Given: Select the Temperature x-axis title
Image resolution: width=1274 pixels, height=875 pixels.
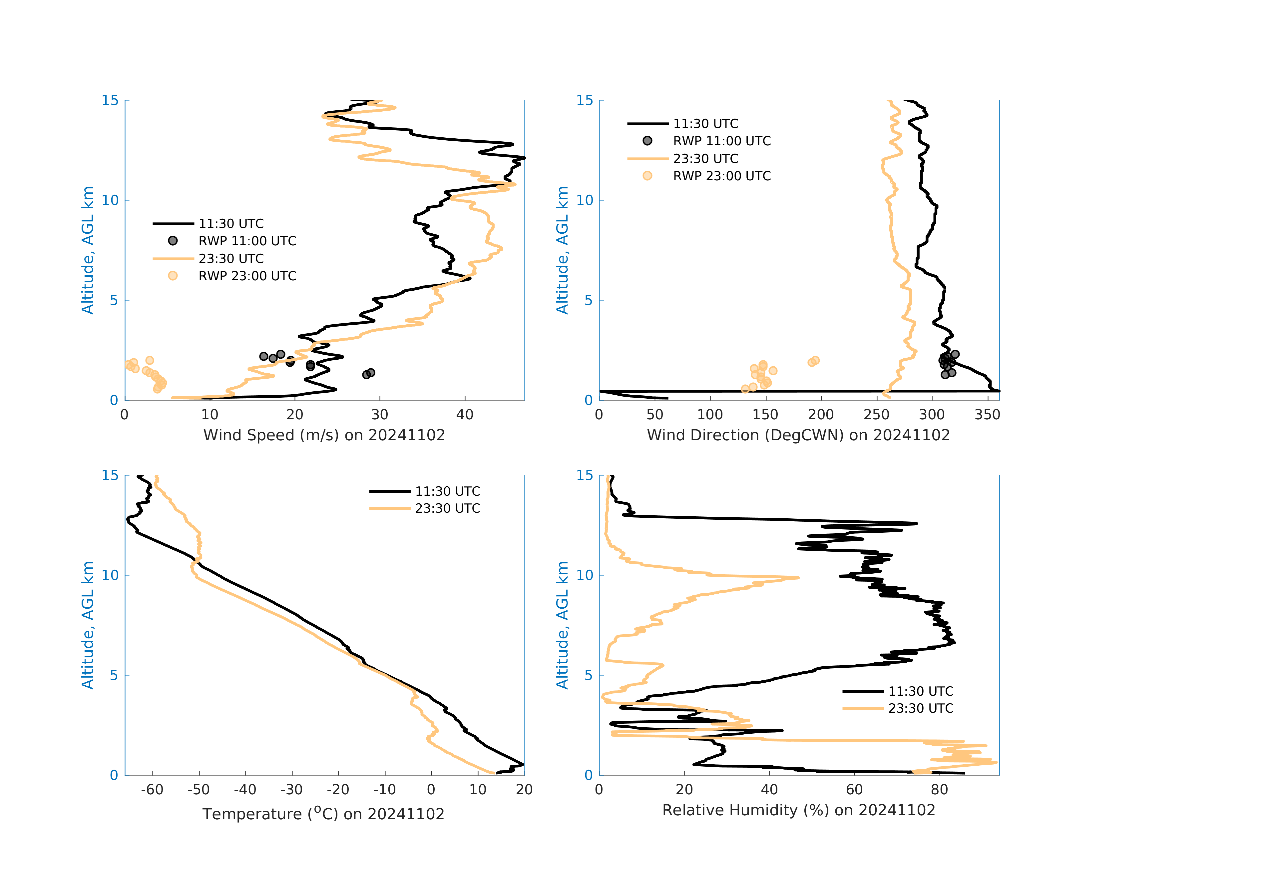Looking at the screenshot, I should tap(323, 814).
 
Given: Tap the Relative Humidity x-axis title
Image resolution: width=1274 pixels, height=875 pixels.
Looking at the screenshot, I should tap(798, 810).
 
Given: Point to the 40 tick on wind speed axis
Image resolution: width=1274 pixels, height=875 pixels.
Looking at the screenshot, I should tap(465, 415).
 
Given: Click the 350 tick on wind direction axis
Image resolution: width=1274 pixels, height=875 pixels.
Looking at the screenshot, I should tap(987, 415).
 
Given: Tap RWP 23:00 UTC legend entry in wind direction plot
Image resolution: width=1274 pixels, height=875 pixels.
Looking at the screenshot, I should tap(721, 176).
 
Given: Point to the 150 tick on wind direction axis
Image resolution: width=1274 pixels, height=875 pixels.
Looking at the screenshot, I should tap(765, 415).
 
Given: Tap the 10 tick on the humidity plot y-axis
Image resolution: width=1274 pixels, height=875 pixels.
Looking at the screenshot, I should tap(585, 575).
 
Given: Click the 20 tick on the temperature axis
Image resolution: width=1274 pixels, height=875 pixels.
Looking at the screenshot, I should tap(524, 790).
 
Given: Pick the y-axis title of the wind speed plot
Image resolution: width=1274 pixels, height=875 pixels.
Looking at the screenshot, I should tap(88, 250).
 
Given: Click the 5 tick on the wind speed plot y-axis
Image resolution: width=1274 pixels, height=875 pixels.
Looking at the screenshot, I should tap(114, 300).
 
